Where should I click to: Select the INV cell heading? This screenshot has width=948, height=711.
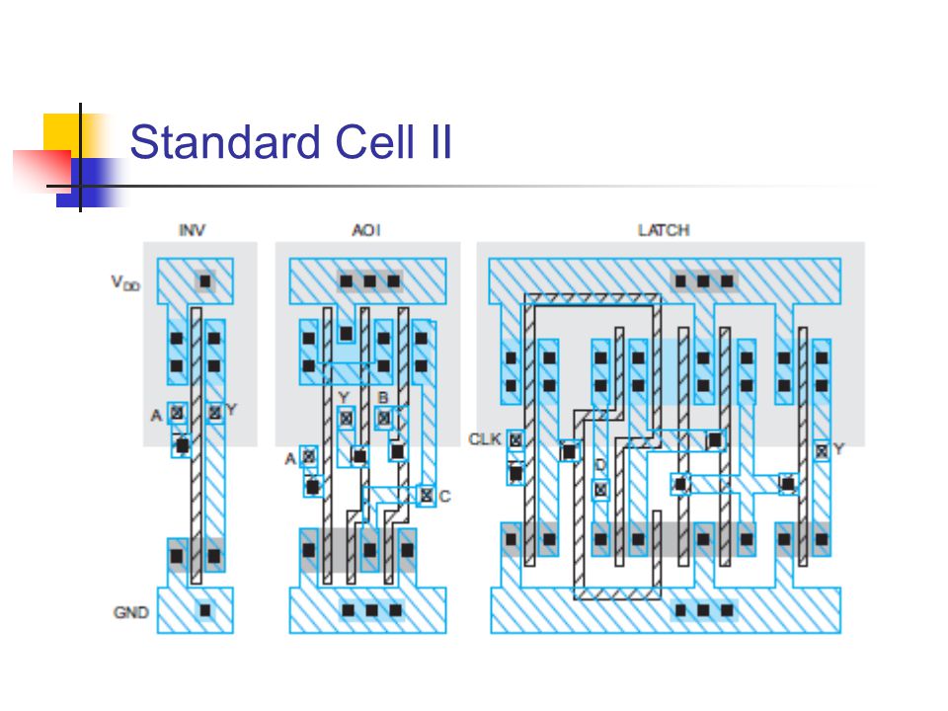pyautogui.click(x=192, y=230)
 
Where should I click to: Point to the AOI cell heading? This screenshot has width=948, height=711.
pyautogui.click(x=366, y=230)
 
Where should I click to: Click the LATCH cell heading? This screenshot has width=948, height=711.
pyautogui.click(x=664, y=230)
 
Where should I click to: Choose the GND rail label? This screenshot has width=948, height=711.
pyautogui.click(x=130, y=612)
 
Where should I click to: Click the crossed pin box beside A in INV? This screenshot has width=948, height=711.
pyautogui.click(x=177, y=412)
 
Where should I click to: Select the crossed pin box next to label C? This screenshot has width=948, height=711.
pyautogui.click(x=426, y=495)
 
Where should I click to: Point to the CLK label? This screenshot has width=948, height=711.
pyautogui.click(x=485, y=438)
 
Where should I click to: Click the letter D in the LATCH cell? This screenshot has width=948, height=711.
pyautogui.click(x=599, y=465)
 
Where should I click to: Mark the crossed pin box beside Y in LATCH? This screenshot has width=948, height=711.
pyautogui.click(x=821, y=450)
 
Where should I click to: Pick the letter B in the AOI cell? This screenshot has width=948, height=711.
pyautogui.click(x=382, y=398)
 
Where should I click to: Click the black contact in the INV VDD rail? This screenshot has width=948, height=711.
pyautogui.click(x=205, y=281)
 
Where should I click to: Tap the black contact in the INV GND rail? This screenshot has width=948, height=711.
pyautogui.click(x=205, y=610)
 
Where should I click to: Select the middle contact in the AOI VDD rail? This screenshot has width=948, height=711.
pyautogui.click(x=370, y=281)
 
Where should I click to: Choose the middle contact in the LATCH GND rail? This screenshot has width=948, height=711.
pyautogui.click(x=704, y=610)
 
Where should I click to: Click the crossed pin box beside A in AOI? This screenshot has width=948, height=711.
pyautogui.click(x=308, y=456)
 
